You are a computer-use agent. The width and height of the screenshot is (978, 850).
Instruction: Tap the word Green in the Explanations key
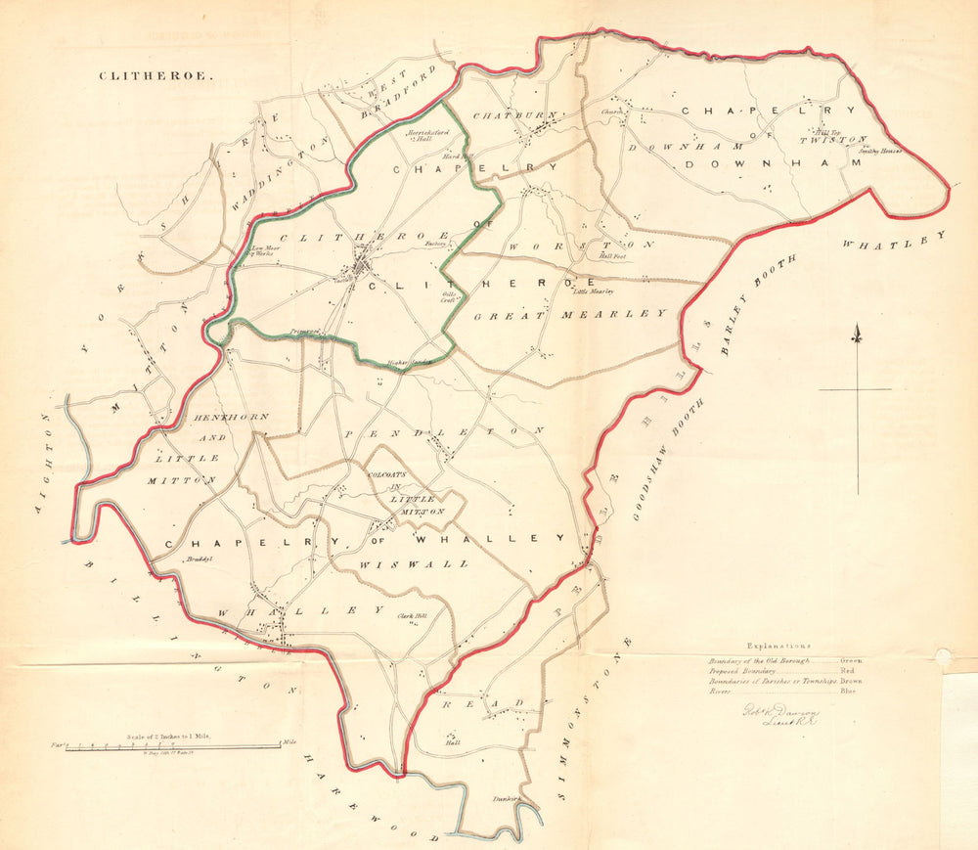point(851,661)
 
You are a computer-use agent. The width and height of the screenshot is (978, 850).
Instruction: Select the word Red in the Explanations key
point(848,672)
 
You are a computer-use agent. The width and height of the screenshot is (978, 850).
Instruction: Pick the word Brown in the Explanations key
point(852,681)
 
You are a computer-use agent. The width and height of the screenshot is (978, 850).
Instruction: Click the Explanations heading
point(778,647)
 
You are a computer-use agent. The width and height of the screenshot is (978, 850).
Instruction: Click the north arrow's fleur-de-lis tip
point(857,336)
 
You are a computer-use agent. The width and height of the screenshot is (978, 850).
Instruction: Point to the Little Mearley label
point(593,291)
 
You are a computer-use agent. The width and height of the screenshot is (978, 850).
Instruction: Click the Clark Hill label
point(412,616)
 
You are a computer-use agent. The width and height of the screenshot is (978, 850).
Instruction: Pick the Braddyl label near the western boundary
point(200,559)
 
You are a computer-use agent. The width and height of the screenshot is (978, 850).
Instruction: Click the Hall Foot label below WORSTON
point(612,257)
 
